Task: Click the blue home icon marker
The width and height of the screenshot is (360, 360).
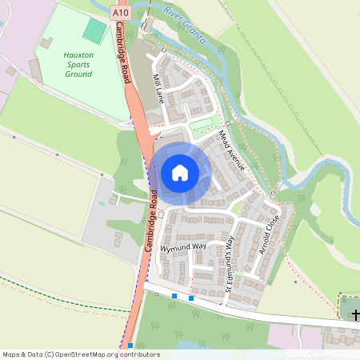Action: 180,172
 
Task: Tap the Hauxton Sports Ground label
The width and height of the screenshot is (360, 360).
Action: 78,64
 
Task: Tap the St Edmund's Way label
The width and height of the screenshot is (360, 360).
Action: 230,264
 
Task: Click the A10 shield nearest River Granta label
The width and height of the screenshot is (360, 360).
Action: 121,13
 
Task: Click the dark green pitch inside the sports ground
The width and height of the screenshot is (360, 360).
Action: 94,32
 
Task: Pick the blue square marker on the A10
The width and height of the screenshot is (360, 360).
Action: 130,346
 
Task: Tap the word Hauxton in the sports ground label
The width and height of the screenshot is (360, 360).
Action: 78,57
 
